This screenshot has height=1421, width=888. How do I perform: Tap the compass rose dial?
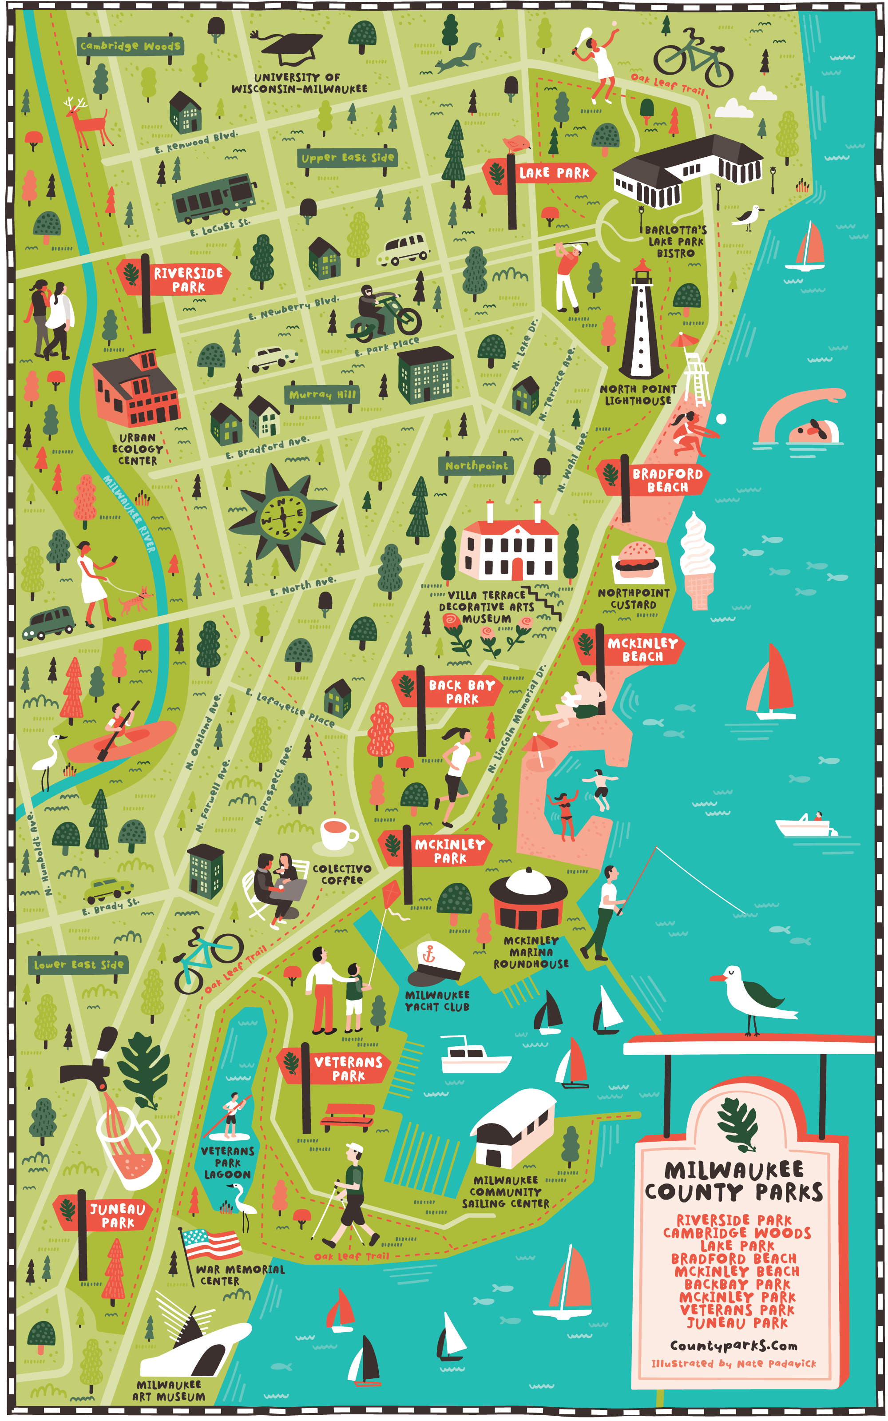pyautogui.click(x=284, y=517)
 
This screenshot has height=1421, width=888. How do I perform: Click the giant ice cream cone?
pyautogui.click(x=698, y=561)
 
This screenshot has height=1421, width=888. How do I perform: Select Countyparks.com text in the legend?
pyautogui.click(x=733, y=1345)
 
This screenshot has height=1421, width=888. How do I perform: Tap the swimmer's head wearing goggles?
pyautogui.click(x=815, y=430)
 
